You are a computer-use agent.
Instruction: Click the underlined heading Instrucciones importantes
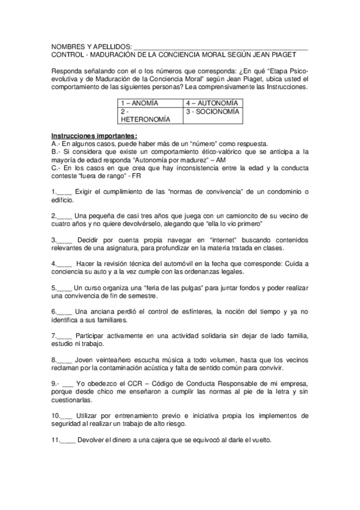(94, 135)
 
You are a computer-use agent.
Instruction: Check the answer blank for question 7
(65, 336)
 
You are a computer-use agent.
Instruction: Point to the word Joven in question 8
(85, 360)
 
